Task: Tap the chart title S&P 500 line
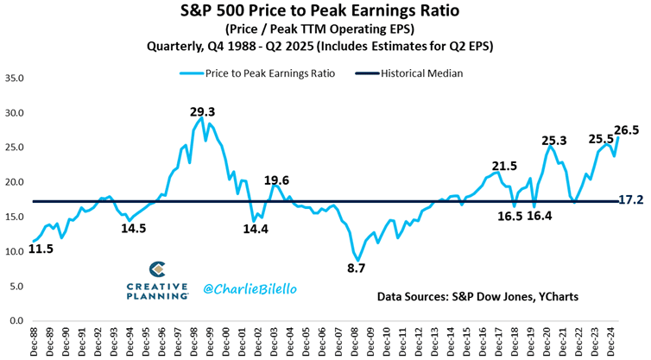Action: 325,12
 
